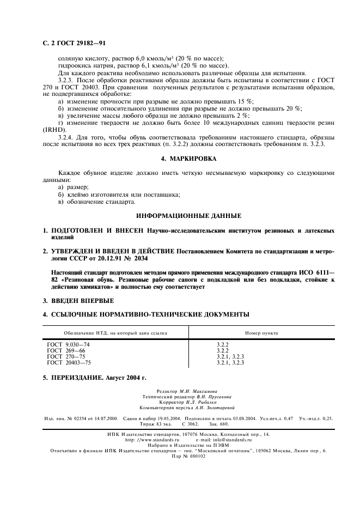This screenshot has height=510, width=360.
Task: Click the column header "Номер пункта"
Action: click(261, 332)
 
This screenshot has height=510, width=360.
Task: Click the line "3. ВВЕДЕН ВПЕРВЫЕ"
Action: click(78, 300)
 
